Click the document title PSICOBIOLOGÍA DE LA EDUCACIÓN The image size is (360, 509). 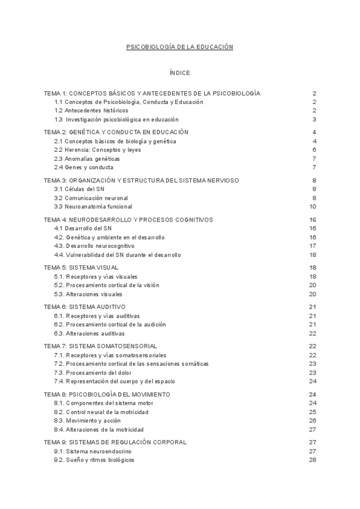tap(179, 46)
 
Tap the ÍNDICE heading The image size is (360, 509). tap(179, 73)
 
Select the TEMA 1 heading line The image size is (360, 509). tap(152, 94)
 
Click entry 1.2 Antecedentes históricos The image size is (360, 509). tap(91, 110)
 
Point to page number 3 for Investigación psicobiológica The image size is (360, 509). tap(314, 119)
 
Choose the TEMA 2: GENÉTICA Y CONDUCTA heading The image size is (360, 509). tap(116, 132)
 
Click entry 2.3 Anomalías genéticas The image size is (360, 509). tap(87, 158)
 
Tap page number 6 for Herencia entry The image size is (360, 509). tap(314, 150)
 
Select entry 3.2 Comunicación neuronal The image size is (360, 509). tap(91, 197)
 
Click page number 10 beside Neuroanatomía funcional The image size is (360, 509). tap(313, 206)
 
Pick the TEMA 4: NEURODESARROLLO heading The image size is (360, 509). tap(128, 220)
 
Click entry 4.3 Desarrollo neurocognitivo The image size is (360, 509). tap(94, 245)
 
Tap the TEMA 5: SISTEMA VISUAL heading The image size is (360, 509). tap(81, 267)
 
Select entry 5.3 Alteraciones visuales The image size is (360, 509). tap(88, 294)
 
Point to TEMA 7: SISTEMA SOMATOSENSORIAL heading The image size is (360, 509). tap(101, 346)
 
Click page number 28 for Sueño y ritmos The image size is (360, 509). tap(313, 460)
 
